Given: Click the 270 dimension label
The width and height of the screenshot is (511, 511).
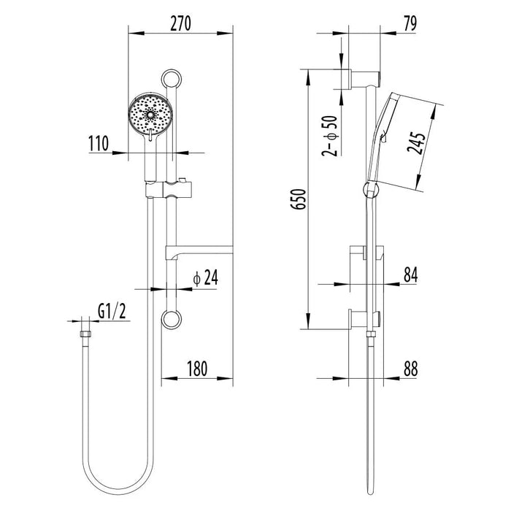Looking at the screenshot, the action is [x=180, y=23].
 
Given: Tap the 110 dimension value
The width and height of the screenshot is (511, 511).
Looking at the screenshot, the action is [x=99, y=144].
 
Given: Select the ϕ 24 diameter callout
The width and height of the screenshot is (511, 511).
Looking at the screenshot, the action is [x=205, y=278].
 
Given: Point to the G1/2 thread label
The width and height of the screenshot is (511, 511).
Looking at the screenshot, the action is [x=112, y=312].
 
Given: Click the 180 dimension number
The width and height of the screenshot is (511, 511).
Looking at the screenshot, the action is [x=198, y=369].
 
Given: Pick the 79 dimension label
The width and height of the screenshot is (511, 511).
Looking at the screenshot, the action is [x=410, y=23].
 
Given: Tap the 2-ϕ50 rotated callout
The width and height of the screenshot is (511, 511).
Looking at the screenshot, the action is [x=329, y=136].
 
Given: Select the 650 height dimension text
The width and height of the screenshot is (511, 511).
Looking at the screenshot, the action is [x=299, y=199].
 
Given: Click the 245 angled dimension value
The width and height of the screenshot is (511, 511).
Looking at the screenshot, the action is [x=416, y=142].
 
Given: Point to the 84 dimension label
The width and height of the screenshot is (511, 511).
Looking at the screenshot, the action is [x=410, y=274].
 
